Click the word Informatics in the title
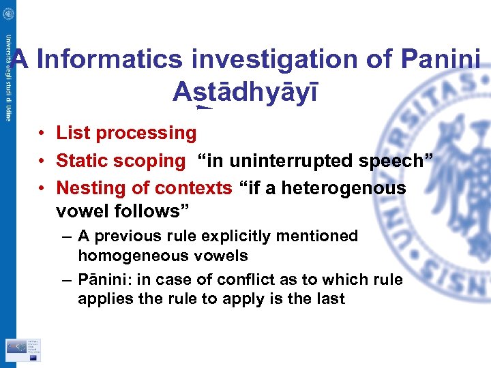pyautogui.click(x=110, y=59)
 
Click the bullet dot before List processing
pyautogui.click(x=42, y=133)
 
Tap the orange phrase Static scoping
pyautogui.click(x=121, y=161)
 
